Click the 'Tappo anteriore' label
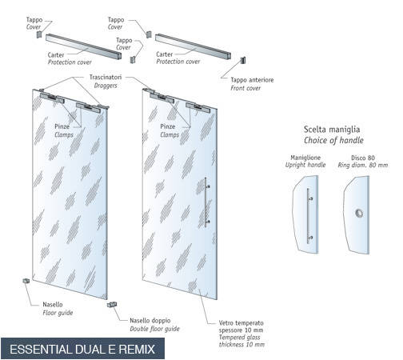tap(252, 80)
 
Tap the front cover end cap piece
tap(242, 60)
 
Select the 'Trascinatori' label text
tap(106, 77)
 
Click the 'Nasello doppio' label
tap(150, 321)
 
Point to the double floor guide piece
tap(112, 304)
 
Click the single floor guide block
tap(26, 281)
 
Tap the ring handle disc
tap(359, 213)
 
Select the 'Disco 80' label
tap(363, 158)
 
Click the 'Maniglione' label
tap(305, 158)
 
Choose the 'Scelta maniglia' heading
tap(332, 130)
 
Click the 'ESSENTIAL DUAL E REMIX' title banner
tap(82, 349)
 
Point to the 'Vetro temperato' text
tap(241, 323)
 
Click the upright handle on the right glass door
tap(206, 202)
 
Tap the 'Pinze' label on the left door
tap(62, 126)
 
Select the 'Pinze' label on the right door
tap(168, 126)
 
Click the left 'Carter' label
tap(56, 55)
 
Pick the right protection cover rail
tap(193, 46)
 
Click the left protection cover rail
tap(83, 46)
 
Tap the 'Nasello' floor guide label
tap(53, 304)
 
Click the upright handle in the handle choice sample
tap(309, 215)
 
